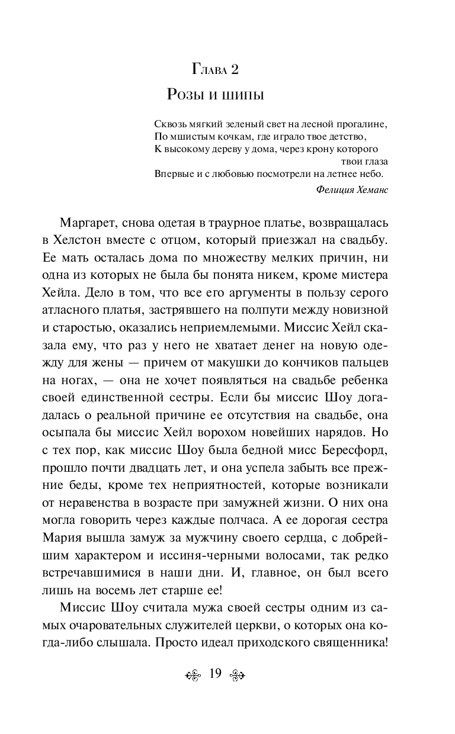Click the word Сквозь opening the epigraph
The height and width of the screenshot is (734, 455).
tap(168, 124)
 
